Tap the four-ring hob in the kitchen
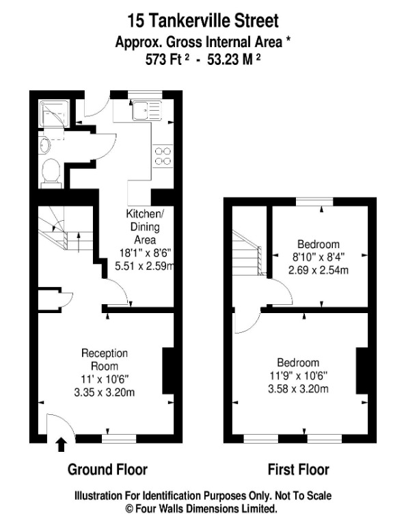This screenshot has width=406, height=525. point(163,156)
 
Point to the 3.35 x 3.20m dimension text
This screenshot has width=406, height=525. point(105,392)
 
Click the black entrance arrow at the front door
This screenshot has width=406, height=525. point(61,445)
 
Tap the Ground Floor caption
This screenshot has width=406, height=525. point(107,470)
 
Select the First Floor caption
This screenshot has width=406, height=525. point(298,470)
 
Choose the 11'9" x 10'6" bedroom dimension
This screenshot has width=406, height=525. point(298,375)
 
